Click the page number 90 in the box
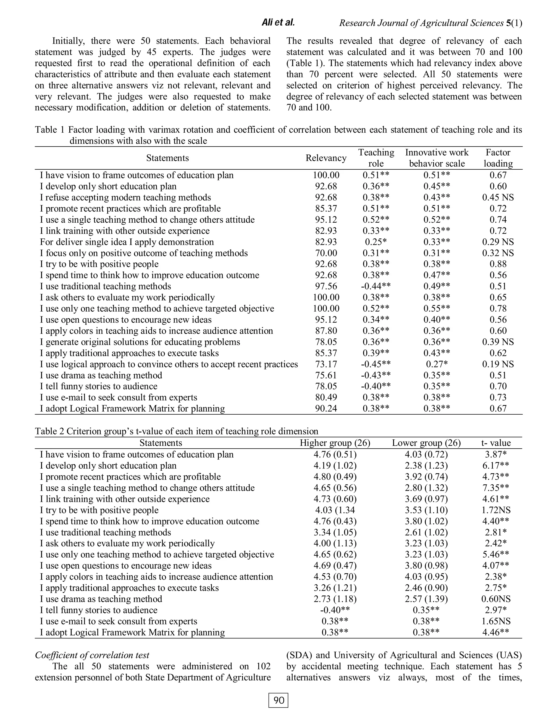(278, 700)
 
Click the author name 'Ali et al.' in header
(278, 23)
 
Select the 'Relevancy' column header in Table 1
(326, 158)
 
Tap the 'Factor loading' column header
(498, 158)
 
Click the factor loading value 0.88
(498, 264)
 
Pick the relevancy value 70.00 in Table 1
(326, 253)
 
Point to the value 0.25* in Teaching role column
(376, 242)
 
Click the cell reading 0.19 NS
(498, 364)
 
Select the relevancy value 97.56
(326, 286)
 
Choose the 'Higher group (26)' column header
(335, 443)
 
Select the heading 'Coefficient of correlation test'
(92, 655)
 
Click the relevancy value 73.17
(326, 364)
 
